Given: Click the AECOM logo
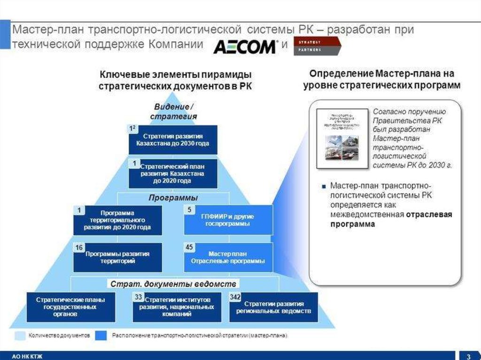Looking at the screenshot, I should (x=245, y=47).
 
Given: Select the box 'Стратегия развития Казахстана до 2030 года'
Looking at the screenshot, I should (x=173, y=139).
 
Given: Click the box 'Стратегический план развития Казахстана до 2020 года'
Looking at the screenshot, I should (x=173, y=173).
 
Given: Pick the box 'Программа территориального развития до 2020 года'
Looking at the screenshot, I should (x=117, y=220).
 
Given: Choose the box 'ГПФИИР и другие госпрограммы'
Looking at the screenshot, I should (x=228, y=220).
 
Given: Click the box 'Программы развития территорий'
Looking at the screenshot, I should (x=117, y=257).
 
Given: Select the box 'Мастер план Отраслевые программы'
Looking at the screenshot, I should (x=228, y=257).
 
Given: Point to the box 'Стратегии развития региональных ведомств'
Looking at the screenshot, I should (x=273, y=307).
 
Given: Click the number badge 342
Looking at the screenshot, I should (x=235, y=297).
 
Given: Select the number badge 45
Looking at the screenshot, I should (x=189, y=247).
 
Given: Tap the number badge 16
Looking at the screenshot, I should (x=79, y=247).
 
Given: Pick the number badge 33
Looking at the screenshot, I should (x=139, y=297).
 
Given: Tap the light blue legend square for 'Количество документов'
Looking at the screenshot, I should (x=20, y=336).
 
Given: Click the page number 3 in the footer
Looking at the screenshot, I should (x=468, y=355).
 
